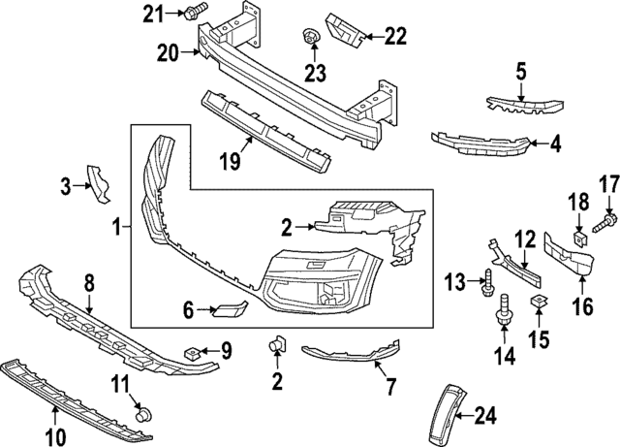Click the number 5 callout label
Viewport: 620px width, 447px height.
click(x=520, y=72)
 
